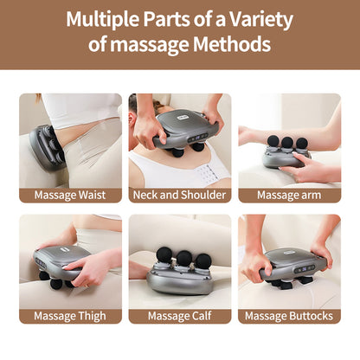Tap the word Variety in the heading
coord(258,19)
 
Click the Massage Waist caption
coord(70,195)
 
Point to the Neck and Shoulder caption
coord(180,195)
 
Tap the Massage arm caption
coord(289,195)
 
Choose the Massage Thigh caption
coord(70,316)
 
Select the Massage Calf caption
coord(180,316)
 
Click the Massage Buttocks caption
coord(289,316)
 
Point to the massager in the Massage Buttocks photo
coord(294,264)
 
